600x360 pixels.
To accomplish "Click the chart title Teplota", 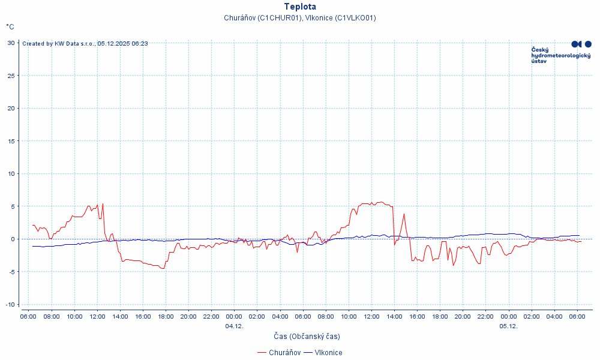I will coord(300,7).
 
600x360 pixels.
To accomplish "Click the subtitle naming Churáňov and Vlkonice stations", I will coord(300,18).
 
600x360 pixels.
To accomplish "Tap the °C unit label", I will coord(10,27).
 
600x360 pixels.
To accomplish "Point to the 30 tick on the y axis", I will coord(11,43).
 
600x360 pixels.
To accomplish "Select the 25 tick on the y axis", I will coord(11,76).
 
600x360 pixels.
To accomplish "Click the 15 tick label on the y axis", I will coord(11,141).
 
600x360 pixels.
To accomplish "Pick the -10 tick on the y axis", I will coord(10,304).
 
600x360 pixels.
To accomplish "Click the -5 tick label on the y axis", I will coord(11,272).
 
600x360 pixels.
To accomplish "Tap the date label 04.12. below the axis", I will coord(234,326).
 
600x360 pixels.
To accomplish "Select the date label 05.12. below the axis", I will coord(508,326).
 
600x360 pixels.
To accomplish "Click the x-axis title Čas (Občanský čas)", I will coord(307,337).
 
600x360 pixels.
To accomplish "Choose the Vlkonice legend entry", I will coord(324,353).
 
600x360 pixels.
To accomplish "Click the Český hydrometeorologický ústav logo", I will coord(561,53).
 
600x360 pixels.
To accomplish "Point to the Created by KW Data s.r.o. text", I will coord(85,43).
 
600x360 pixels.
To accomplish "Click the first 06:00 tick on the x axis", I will coord(28,316).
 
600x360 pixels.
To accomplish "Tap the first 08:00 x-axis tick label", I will coord(52,316).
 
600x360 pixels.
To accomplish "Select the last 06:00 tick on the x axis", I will coord(577,316).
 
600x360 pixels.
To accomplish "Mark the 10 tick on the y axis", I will coord(11,174).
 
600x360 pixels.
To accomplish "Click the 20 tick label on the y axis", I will coord(11,109).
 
